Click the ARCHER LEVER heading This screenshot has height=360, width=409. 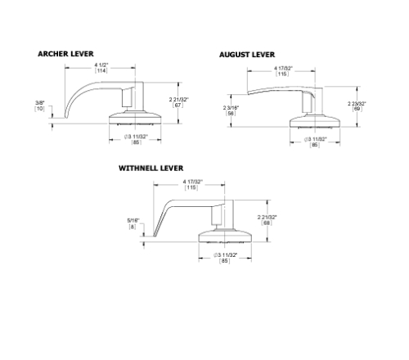65,53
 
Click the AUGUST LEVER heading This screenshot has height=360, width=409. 246,55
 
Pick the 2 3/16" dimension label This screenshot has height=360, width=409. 231,108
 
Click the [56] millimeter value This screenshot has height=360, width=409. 231,115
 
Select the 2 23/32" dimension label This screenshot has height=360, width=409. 357,103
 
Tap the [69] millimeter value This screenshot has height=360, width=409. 357,109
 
